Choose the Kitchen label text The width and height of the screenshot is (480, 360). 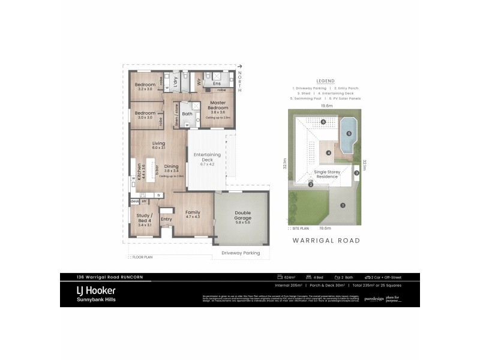tap(139, 173)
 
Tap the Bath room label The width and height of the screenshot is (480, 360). tap(187, 113)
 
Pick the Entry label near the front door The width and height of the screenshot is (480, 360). tap(166, 219)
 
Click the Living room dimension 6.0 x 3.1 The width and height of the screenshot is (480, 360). tap(158, 148)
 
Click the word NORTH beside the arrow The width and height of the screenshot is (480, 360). tap(240, 81)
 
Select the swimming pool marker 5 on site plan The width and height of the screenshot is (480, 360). tap(348, 133)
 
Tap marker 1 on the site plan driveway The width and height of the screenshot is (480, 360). tap(343, 205)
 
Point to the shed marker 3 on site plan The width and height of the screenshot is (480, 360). tap(356, 173)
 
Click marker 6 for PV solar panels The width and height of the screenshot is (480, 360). tap(323, 122)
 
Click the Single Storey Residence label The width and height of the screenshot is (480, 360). tap(326, 174)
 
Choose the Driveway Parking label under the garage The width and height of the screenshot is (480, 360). tap(241, 253)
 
